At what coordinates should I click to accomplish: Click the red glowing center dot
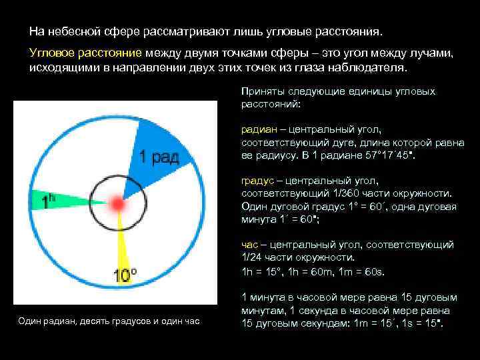pos(118,203)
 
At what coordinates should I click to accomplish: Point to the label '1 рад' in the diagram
pos(158,157)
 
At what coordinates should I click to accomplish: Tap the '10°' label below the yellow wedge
pos(125,275)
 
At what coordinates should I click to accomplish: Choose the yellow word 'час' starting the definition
pos(249,245)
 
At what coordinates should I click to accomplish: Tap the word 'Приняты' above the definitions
pos(261,91)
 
